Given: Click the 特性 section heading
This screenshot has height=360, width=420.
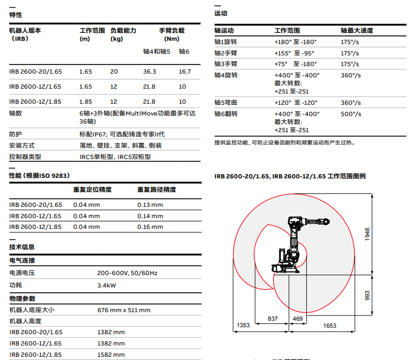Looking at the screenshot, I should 16,15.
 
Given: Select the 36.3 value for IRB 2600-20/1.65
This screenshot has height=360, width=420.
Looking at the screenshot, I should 149,71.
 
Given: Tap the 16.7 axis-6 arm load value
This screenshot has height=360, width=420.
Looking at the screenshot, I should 185,71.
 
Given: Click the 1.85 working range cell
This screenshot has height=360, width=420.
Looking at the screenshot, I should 85,102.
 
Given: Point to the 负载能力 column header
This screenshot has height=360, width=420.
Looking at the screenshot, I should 123,31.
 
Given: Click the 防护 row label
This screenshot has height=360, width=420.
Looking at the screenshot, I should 16,134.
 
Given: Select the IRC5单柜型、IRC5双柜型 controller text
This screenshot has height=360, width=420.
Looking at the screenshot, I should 115,157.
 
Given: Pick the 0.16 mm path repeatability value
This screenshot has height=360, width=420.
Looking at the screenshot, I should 150,227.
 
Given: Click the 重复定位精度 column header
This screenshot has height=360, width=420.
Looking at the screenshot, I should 92,190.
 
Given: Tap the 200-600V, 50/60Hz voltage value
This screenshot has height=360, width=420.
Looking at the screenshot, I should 127,273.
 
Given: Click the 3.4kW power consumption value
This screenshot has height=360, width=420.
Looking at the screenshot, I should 107,285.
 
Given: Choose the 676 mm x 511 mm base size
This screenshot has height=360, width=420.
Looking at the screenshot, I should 124,310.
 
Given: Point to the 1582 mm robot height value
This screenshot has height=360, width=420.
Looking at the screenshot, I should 111,355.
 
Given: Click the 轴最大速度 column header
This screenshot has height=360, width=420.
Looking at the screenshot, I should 357,31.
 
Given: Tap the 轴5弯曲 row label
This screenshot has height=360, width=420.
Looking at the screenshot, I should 226,103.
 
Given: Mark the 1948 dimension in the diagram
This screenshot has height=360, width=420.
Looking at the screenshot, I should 367,234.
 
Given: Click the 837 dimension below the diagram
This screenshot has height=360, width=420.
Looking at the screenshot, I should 272,319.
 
